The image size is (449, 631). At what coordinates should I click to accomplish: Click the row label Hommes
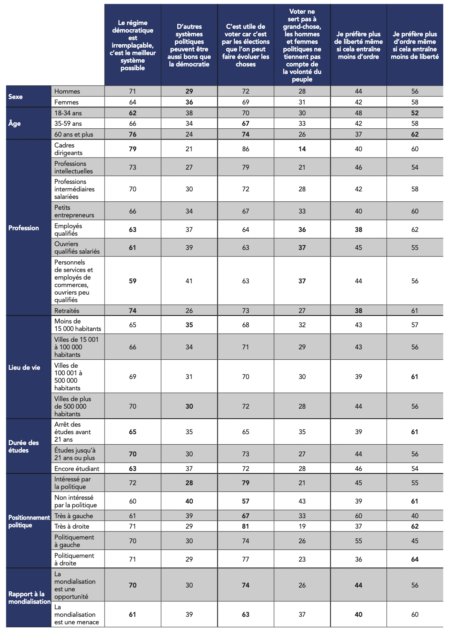click(67, 92)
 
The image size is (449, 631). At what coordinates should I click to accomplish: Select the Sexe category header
click(15, 97)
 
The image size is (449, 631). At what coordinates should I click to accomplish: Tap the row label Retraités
click(67, 310)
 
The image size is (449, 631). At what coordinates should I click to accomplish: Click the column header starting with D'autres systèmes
click(189, 45)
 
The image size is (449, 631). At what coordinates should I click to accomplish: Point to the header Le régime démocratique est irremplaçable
click(133, 45)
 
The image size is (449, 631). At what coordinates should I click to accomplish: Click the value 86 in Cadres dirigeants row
click(245, 149)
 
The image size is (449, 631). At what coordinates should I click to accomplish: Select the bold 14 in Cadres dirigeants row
click(302, 149)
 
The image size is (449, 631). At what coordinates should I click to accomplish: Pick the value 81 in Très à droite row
click(245, 526)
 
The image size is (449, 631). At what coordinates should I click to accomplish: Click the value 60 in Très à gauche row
click(358, 516)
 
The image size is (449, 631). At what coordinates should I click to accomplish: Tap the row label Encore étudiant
click(77, 468)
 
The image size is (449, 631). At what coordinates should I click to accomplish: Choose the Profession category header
click(23, 228)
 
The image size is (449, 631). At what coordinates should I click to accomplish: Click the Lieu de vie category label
click(24, 367)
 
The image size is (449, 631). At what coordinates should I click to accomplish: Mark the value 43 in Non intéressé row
click(302, 501)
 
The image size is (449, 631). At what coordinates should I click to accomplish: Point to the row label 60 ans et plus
click(74, 134)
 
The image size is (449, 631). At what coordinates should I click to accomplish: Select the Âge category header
click(14, 123)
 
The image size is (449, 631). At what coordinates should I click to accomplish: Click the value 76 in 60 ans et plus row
click(133, 134)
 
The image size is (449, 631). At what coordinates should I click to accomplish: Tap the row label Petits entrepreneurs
click(74, 211)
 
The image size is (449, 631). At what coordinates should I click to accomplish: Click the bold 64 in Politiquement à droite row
click(415, 559)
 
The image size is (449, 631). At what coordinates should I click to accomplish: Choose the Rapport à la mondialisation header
click(29, 598)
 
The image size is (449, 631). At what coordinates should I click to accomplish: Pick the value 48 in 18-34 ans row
click(358, 113)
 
